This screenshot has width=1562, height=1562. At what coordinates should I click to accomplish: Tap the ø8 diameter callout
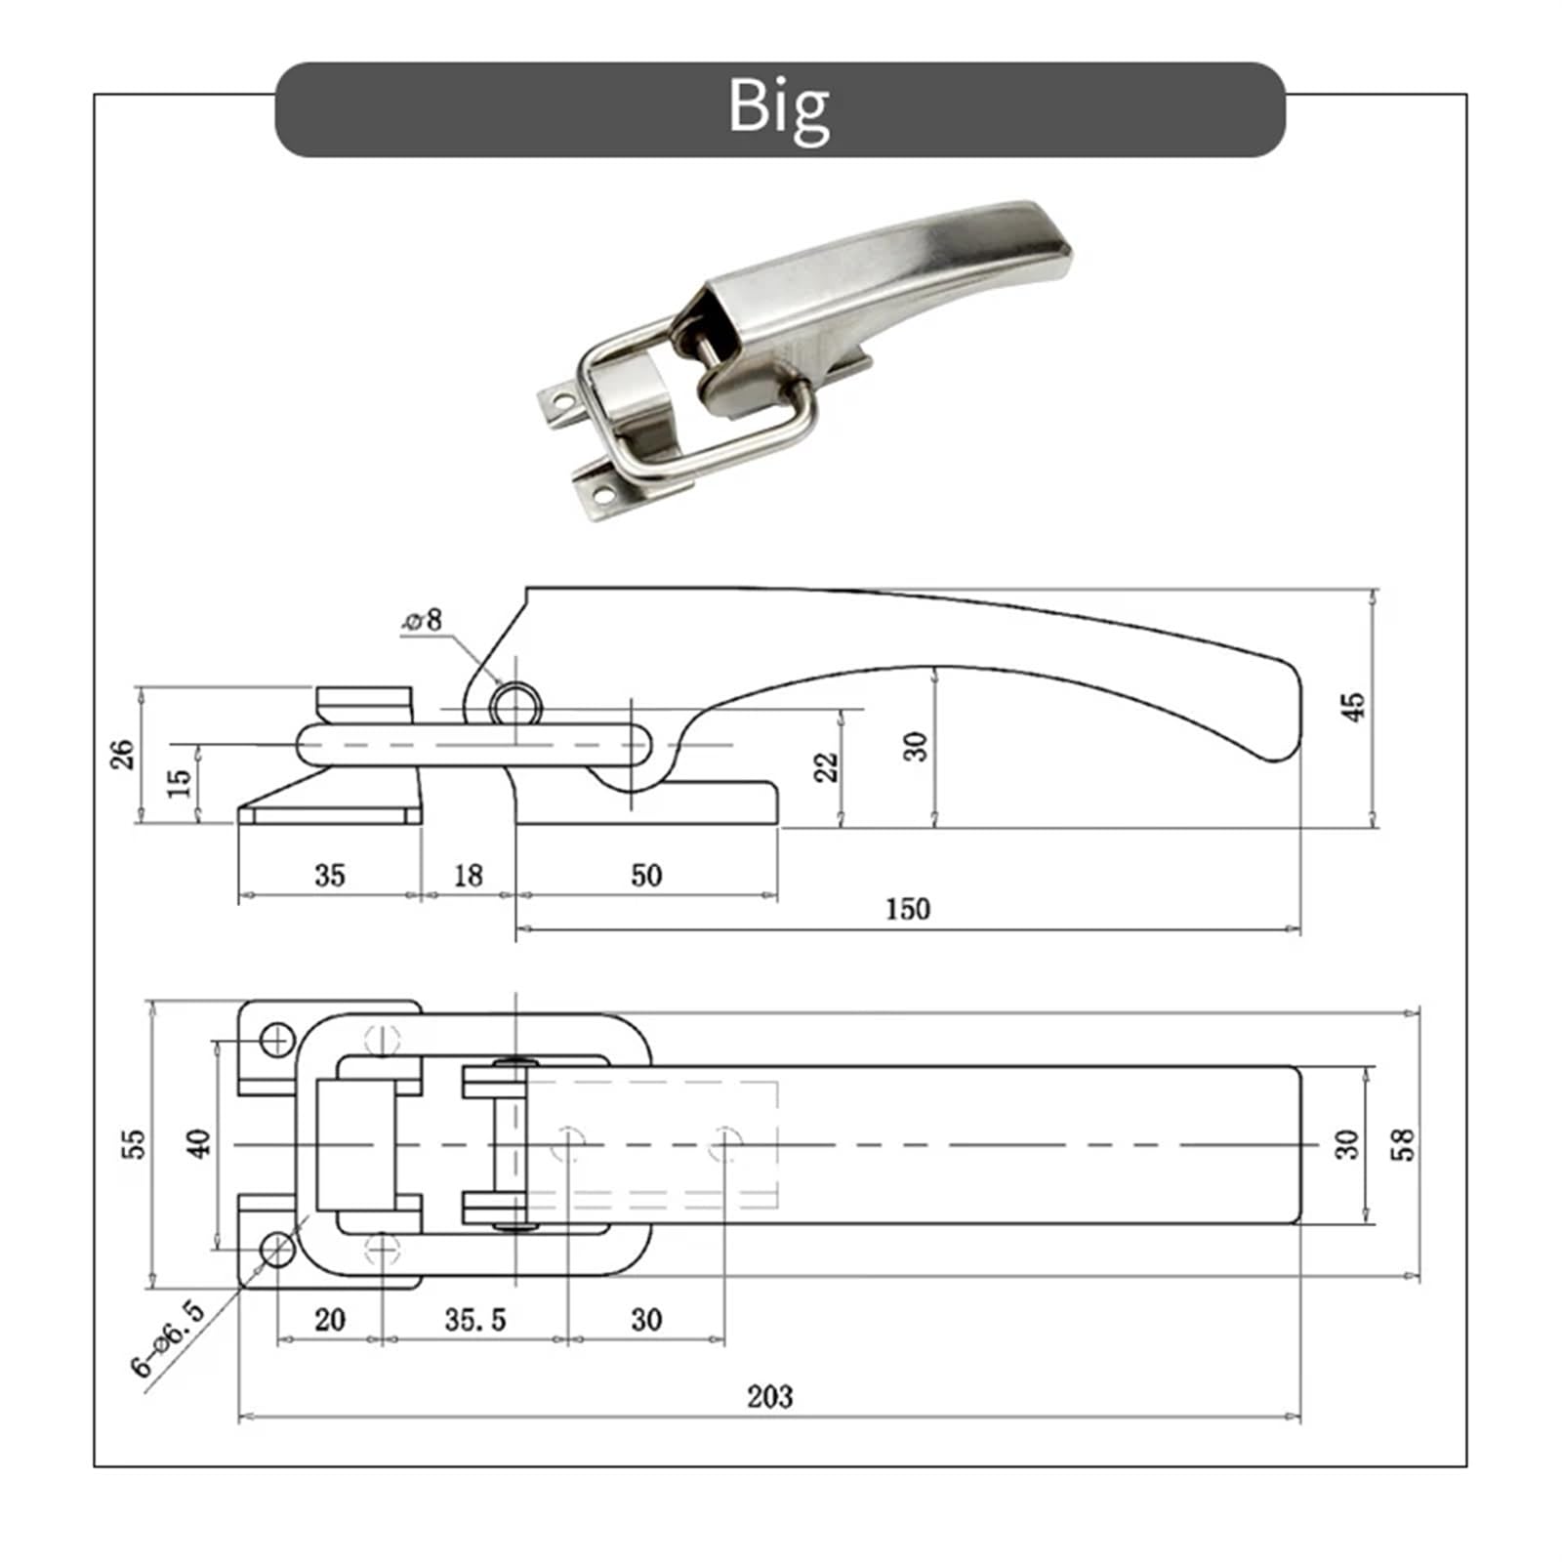[423, 620]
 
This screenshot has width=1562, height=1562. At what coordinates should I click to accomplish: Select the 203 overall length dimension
[769, 1396]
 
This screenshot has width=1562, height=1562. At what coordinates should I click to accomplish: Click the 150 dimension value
[907, 909]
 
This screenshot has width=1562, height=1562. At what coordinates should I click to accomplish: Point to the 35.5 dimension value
[474, 1320]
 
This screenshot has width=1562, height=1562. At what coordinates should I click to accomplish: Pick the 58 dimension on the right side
[1403, 1143]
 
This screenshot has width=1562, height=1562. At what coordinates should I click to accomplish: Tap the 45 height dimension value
[1353, 707]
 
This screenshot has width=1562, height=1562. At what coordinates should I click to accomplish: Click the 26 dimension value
[123, 754]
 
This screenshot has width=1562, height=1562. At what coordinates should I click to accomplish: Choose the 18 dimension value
[468, 876]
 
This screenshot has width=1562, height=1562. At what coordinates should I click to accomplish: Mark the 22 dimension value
[827, 766]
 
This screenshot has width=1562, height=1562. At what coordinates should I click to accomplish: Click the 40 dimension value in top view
[198, 1143]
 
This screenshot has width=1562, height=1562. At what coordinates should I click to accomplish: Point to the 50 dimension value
[645, 876]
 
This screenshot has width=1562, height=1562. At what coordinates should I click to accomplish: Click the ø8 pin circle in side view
[515, 703]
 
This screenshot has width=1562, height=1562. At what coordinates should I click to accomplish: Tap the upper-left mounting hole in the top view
[278, 1041]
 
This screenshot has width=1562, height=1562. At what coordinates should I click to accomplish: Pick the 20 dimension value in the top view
[330, 1320]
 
